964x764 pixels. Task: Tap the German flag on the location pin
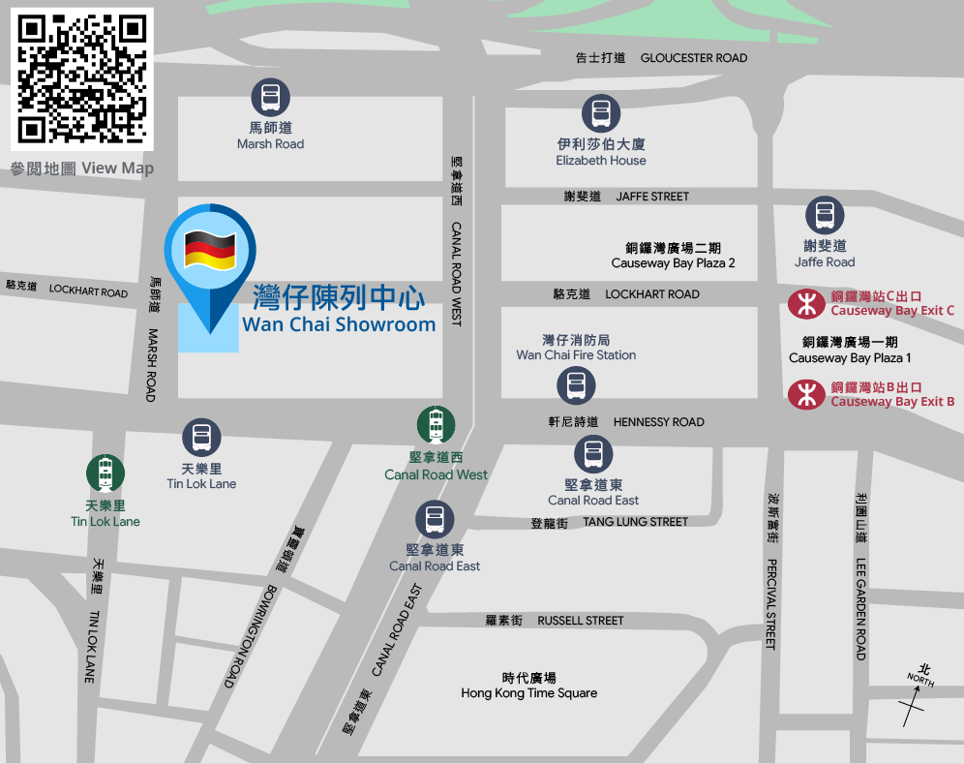point(210,250)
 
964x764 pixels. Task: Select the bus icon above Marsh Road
point(270,98)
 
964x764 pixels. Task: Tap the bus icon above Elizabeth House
point(601,114)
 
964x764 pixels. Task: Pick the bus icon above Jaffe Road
point(825,215)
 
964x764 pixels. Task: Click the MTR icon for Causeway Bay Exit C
point(806,304)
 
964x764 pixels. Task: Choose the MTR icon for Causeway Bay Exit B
point(806,394)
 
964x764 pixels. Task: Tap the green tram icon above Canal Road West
point(436,425)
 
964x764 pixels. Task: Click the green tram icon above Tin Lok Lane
point(105,474)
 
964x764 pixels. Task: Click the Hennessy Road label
point(658,422)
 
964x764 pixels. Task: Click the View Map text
point(117,168)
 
